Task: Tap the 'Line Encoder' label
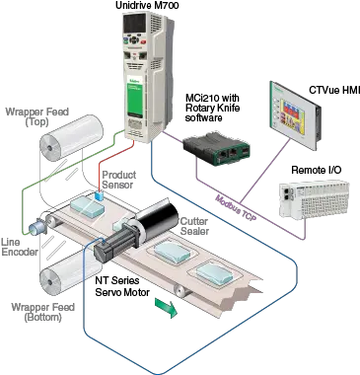point(19,248)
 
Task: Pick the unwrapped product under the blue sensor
point(92,209)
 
